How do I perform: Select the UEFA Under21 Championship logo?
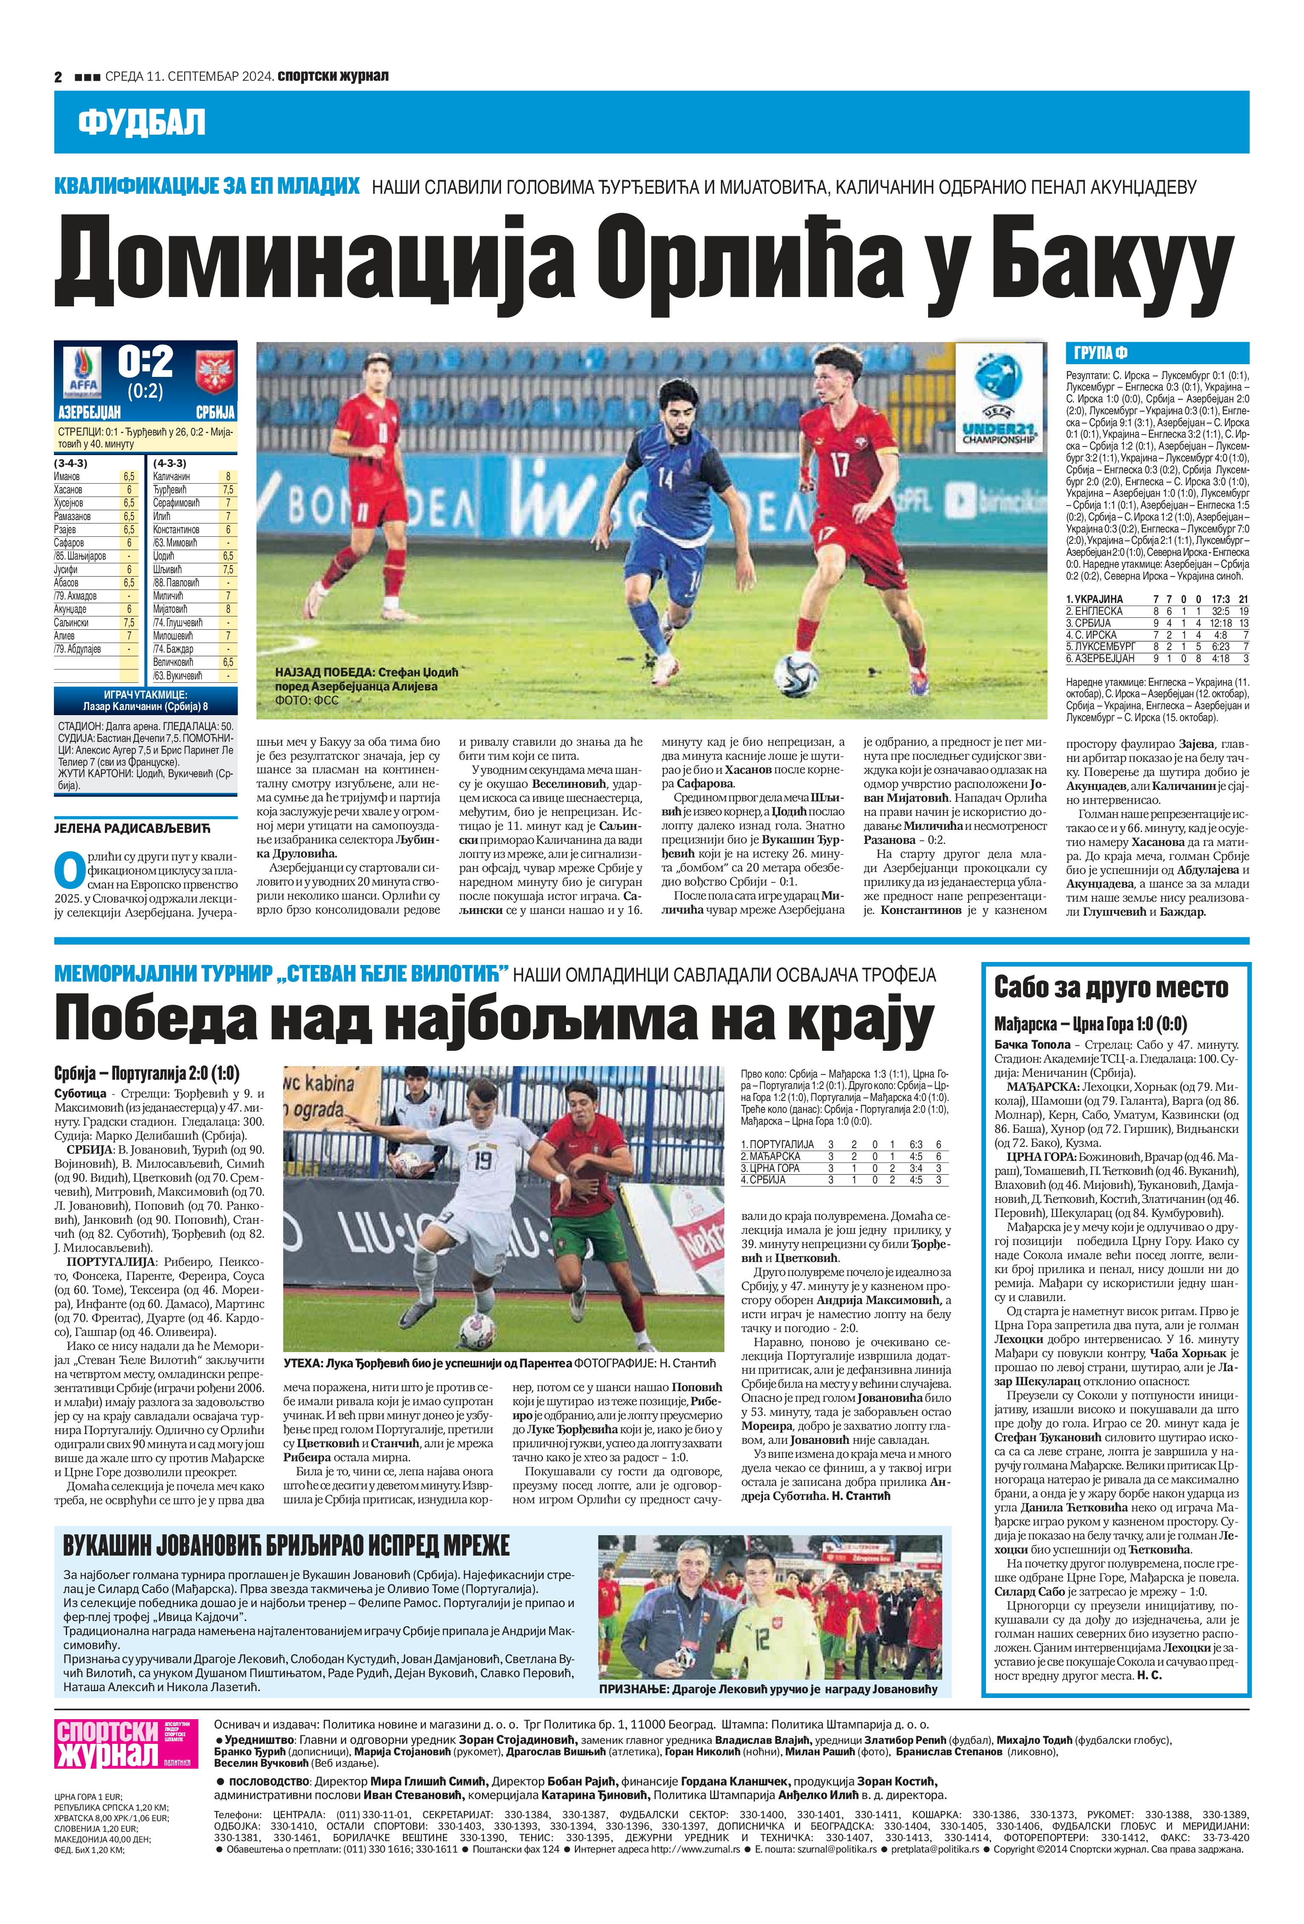(x=999, y=395)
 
